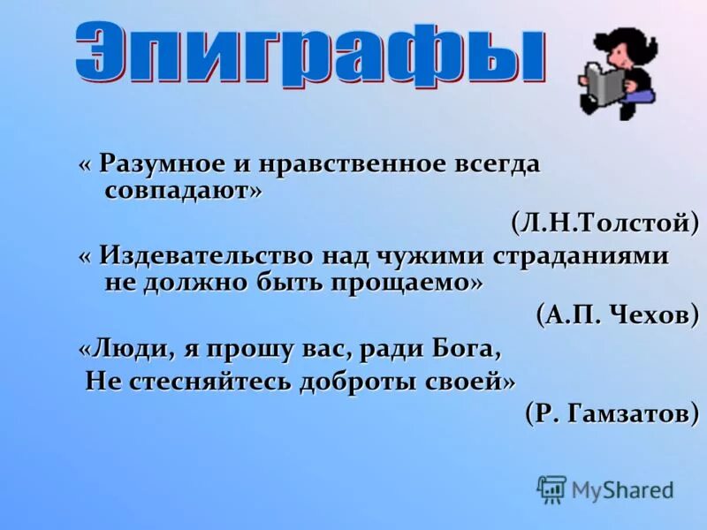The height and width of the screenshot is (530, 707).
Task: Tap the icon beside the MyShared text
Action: pyautogui.click(x=551, y=488)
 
